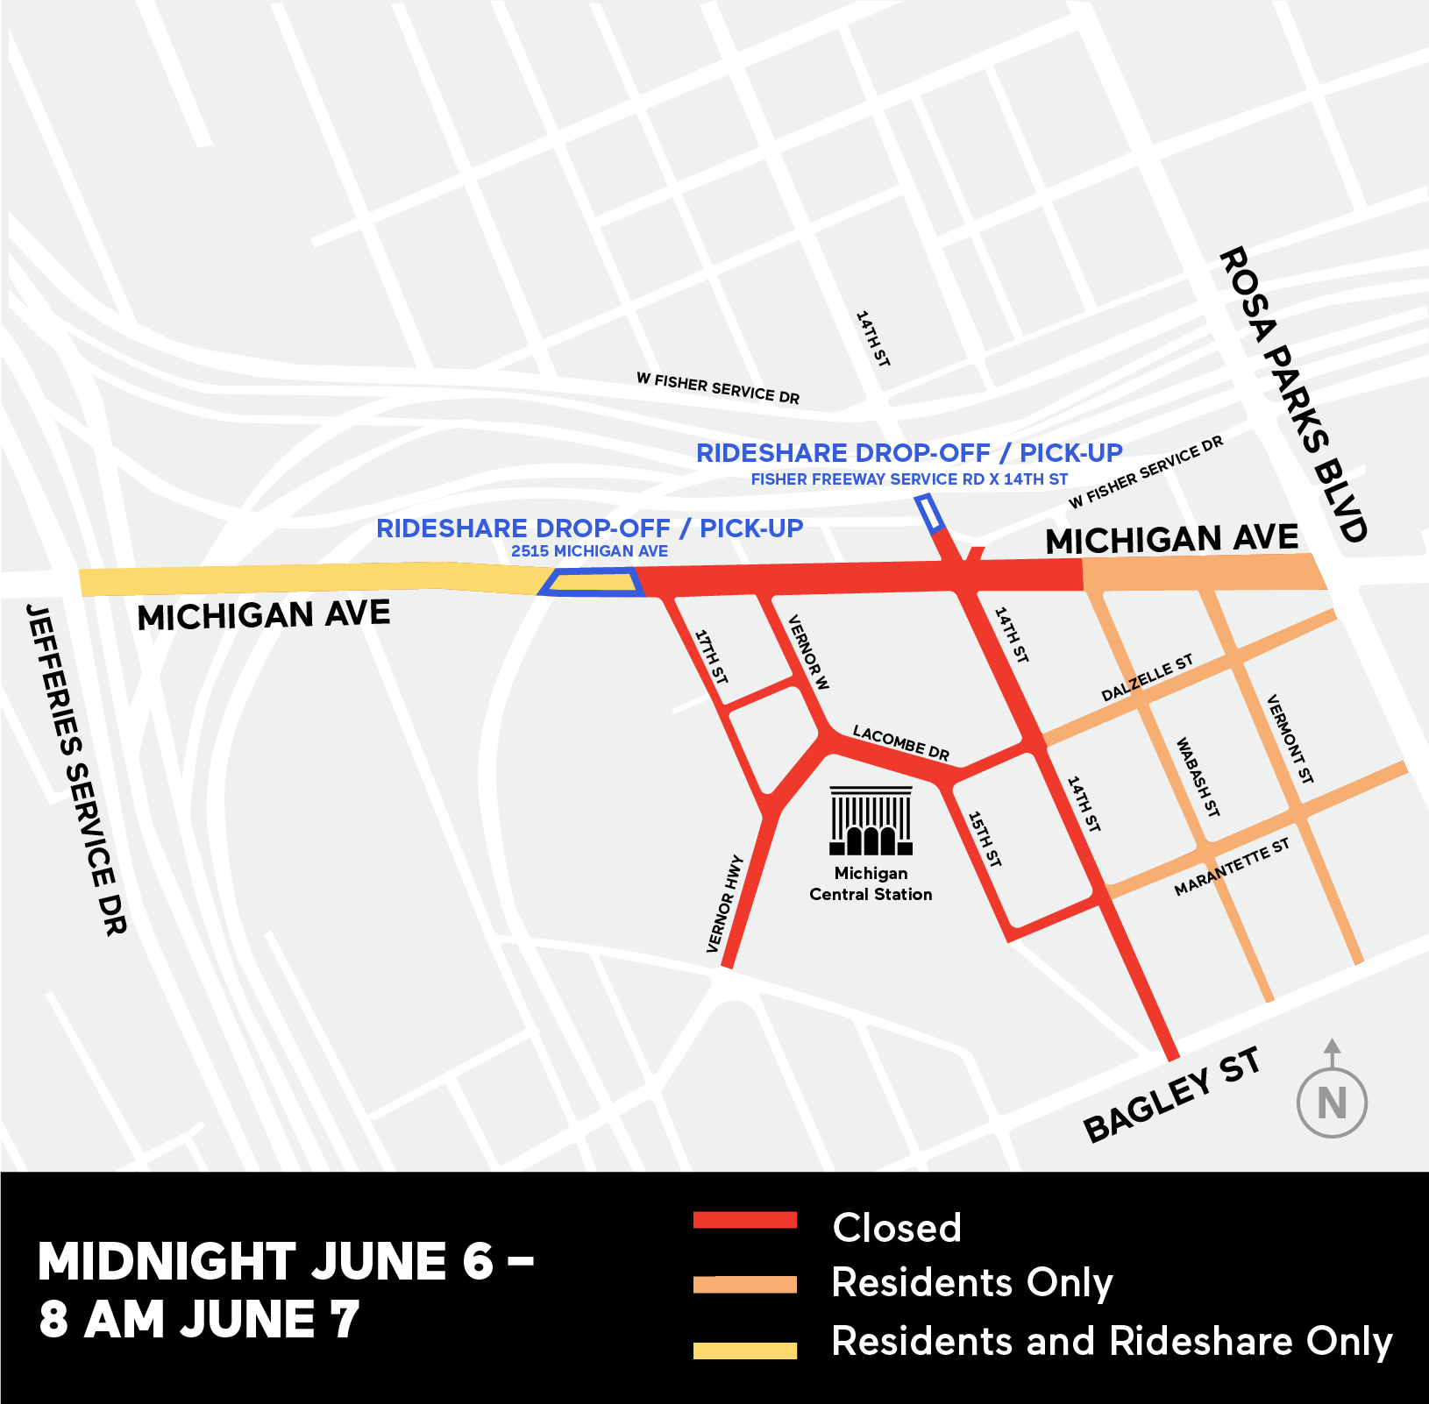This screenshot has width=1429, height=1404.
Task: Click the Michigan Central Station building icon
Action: [x=871, y=821]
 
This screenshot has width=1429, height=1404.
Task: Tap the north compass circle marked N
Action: [x=1332, y=1103]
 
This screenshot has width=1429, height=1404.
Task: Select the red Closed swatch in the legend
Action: [x=744, y=1220]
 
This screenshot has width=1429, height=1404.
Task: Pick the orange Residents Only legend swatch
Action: [x=744, y=1284]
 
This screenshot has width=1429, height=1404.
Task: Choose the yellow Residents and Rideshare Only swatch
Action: [x=744, y=1350]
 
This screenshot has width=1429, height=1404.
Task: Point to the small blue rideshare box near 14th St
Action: [x=929, y=514]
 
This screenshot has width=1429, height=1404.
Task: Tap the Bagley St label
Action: [x=1173, y=1095]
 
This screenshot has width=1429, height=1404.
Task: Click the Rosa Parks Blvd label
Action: [x=1293, y=394]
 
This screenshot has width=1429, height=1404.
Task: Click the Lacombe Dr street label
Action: [x=901, y=742]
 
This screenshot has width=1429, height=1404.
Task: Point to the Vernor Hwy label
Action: [x=725, y=904]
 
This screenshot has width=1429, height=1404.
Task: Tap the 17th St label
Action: [x=711, y=656]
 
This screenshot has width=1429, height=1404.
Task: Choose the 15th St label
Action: [x=985, y=839]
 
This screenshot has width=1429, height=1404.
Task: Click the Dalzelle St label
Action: [x=1147, y=677]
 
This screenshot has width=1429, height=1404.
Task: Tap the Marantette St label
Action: [x=1232, y=867]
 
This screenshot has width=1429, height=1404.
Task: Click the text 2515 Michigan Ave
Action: [x=589, y=551]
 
